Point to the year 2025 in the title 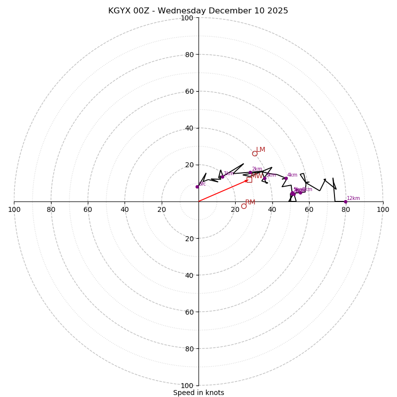point(278,11)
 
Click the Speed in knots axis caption point(198,393)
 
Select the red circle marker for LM point(255,153)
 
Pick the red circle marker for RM point(244,206)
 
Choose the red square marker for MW point(249,180)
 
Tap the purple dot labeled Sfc point(197,187)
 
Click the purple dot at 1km point(222,177)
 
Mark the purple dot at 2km point(250,172)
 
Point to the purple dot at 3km point(265,178)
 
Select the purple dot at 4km point(286,178)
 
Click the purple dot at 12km point(345,201)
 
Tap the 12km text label point(353,198)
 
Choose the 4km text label point(292,175)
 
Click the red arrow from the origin point(223,191)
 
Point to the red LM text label point(261,149)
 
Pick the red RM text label point(250,202)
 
